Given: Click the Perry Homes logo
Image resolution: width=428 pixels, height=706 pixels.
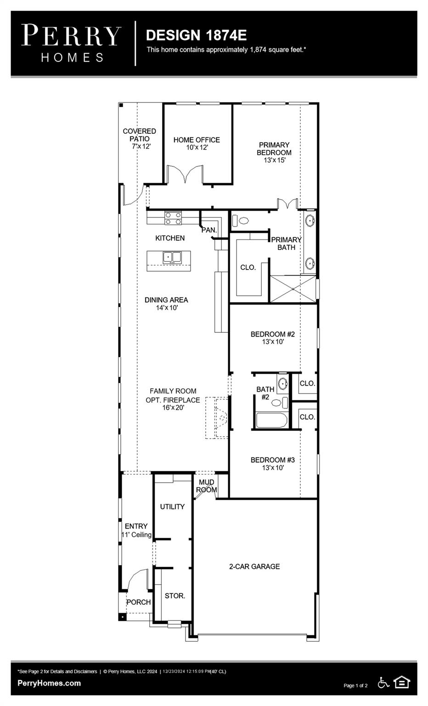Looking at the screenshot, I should tap(72, 43).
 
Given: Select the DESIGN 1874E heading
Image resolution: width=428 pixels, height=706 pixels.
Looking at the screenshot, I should tap(196, 35).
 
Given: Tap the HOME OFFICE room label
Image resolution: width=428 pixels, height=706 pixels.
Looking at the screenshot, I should tap(197, 140).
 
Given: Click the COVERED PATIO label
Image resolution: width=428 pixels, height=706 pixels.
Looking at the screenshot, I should tap(139, 135).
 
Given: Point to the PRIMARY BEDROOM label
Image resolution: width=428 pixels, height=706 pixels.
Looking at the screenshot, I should tap(274, 148).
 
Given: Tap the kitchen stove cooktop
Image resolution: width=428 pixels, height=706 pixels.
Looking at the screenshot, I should tap(173, 217).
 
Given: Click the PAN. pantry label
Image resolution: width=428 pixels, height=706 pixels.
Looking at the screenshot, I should tap(209, 230).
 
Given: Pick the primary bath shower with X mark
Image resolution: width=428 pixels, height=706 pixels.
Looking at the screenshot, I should tap(293, 289).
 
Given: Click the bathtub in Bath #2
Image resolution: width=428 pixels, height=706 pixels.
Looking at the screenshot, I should tap(271, 420).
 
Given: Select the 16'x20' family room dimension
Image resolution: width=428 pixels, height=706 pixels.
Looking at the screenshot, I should tap(173, 408).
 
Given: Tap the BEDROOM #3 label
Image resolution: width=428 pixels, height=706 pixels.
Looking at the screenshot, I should tap(272, 460).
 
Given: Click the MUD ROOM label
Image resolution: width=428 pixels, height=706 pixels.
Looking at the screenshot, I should tap(206, 486).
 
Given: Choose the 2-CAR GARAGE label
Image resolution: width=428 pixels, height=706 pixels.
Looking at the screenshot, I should tap(254, 567).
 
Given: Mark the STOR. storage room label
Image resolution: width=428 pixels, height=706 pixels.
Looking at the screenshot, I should tap(175, 596).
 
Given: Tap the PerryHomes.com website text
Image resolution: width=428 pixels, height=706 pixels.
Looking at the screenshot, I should tap(49, 683).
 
